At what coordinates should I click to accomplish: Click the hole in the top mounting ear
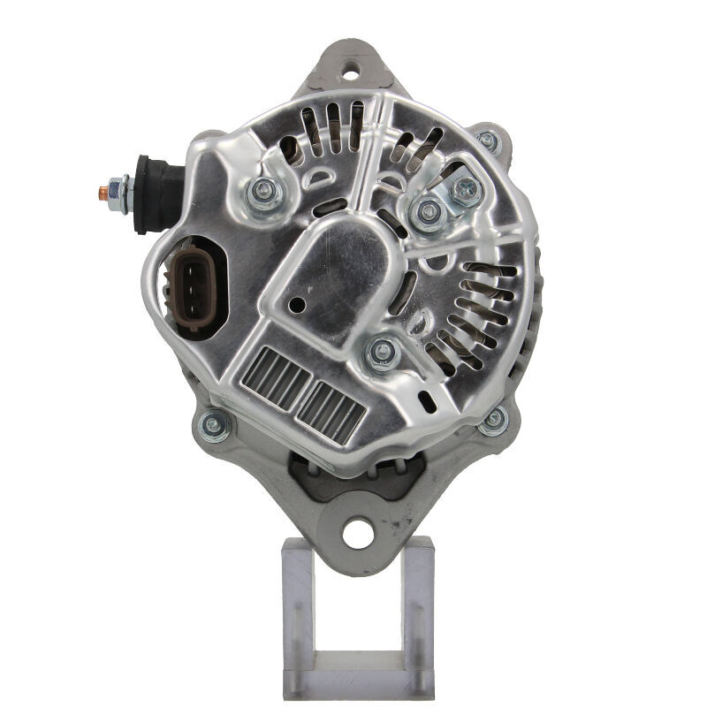point(352,64)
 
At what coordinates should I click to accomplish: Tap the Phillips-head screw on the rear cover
point(466,188)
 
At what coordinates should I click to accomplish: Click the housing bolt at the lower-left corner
point(213,426)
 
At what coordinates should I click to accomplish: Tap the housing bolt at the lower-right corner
point(493,419)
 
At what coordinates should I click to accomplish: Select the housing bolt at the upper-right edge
point(487,139)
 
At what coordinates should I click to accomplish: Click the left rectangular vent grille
point(275,376)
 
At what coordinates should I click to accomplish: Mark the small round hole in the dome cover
point(297,304)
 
